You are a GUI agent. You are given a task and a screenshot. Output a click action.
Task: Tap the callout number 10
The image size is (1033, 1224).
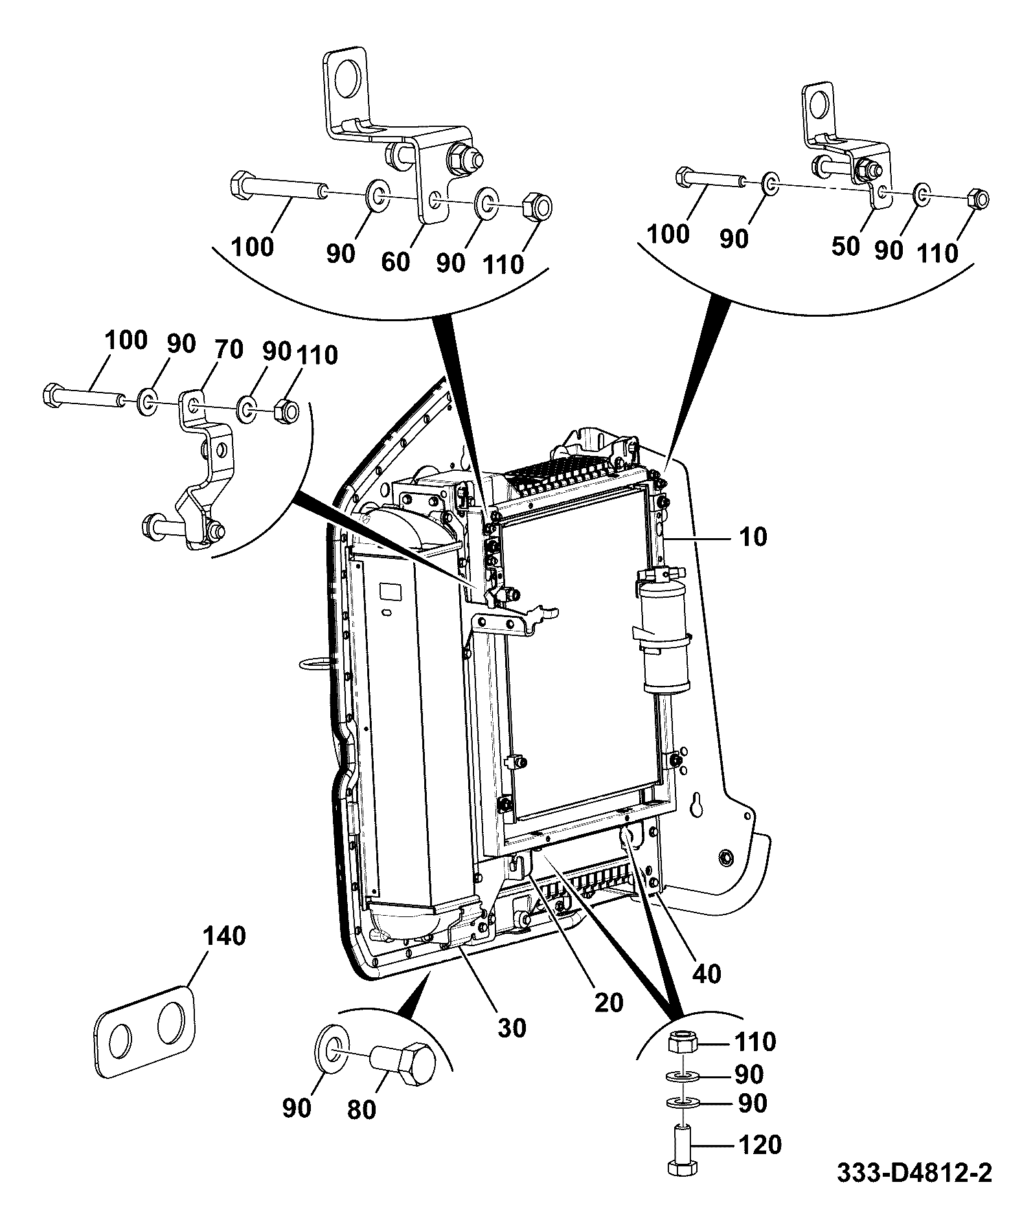click(752, 537)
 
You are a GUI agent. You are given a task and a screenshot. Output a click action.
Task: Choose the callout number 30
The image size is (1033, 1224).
click(511, 1027)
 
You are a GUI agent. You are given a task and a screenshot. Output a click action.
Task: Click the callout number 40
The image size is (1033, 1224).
click(706, 973)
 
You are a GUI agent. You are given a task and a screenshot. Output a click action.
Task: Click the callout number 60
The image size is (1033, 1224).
click(395, 262)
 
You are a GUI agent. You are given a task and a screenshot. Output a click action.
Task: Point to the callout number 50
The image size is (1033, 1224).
click(845, 246)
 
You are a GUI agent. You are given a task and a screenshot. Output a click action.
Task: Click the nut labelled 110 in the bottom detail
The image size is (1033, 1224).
click(683, 1042)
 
